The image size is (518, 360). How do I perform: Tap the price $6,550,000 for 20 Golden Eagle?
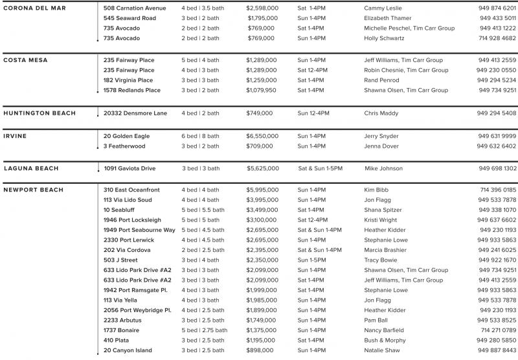click(262, 136)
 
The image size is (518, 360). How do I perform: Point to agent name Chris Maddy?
click(381, 113)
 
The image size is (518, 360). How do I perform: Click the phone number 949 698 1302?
click(497, 168)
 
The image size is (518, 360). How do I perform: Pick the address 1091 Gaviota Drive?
click(129, 168)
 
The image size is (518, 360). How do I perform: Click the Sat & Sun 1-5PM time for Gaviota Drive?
click(320, 168)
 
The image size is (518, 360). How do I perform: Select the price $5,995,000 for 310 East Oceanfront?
click(262, 190)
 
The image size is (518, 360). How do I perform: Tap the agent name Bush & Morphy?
click(385, 341)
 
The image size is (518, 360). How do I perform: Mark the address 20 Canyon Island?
click(128, 350)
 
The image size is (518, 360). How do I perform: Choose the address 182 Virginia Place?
click(128, 80)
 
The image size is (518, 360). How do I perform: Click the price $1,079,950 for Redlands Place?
click(261, 90)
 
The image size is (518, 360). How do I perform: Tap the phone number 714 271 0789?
click(498, 330)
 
